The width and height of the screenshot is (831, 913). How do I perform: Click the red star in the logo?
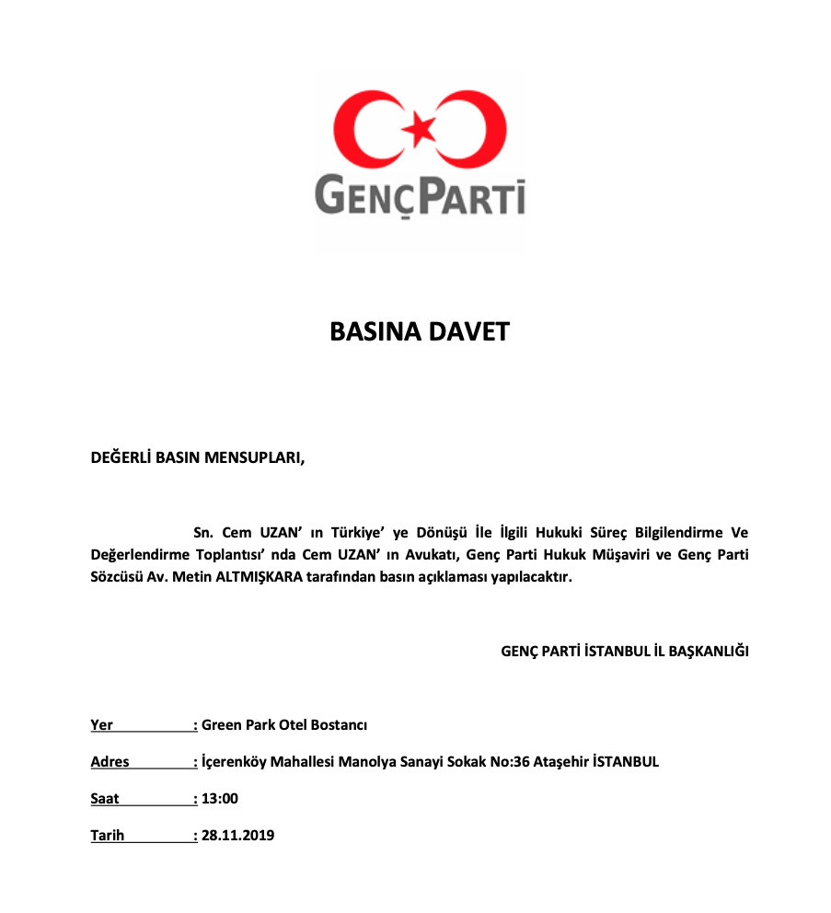pyautogui.click(x=421, y=128)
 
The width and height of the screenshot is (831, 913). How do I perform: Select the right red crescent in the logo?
pyautogui.click(x=484, y=129)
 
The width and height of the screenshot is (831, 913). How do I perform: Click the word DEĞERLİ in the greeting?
pyautogui.click(x=123, y=456)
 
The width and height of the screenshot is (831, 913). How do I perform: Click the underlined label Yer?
pyautogui.click(x=101, y=725)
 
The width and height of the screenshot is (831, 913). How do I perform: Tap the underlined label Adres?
pyautogui.click(x=110, y=762)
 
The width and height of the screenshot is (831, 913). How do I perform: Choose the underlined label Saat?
pyautogui.click(x=105, y=799)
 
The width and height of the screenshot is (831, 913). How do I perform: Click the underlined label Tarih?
pyautogui.click(x=107, y=836)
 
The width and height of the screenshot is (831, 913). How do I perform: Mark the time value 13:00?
pyautogui.click(x=219, y=799)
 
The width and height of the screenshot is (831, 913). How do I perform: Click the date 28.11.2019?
pyautogui.click(x=237, y=836)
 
